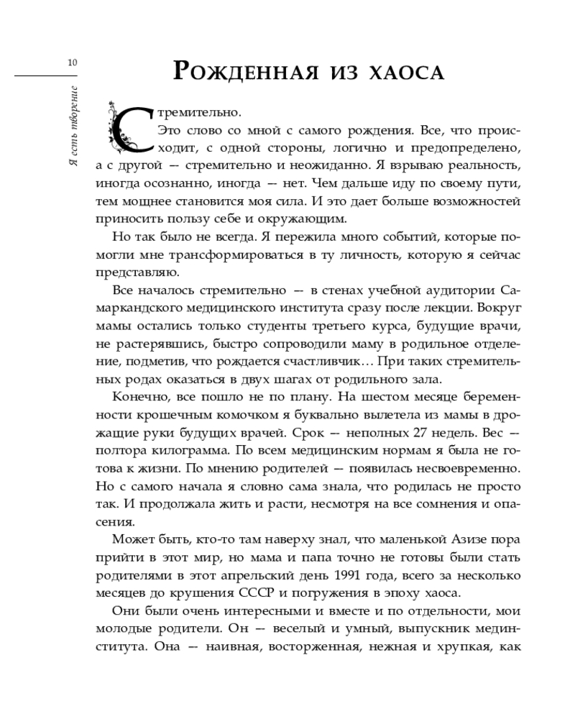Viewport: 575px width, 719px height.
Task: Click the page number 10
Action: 72,63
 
